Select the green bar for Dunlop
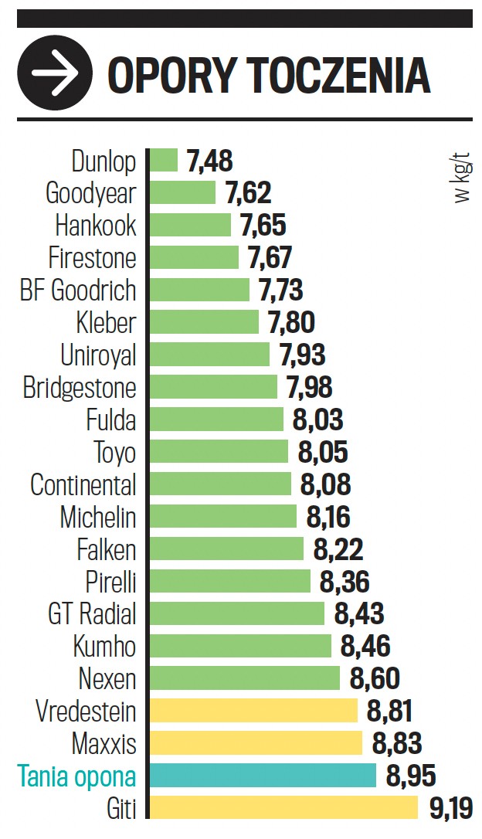(x=163, y=161)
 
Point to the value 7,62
(x=248, y=193)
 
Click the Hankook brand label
(x=96, y=226)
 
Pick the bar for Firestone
(x=194, y=258)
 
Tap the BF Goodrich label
(x=78, y=290)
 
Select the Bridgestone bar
(x=213, y=387)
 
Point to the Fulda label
(x=111, y=420)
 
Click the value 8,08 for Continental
(x=325, y=485)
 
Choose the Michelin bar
(x=222, y=517)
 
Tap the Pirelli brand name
(x=110, y=582)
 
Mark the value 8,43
(x=359, y=615)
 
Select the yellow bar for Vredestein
(x=253, y=712)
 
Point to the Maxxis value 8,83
(x=397, y=744)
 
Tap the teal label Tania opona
(x=76, y=776)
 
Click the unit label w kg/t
(x=461, y=179)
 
